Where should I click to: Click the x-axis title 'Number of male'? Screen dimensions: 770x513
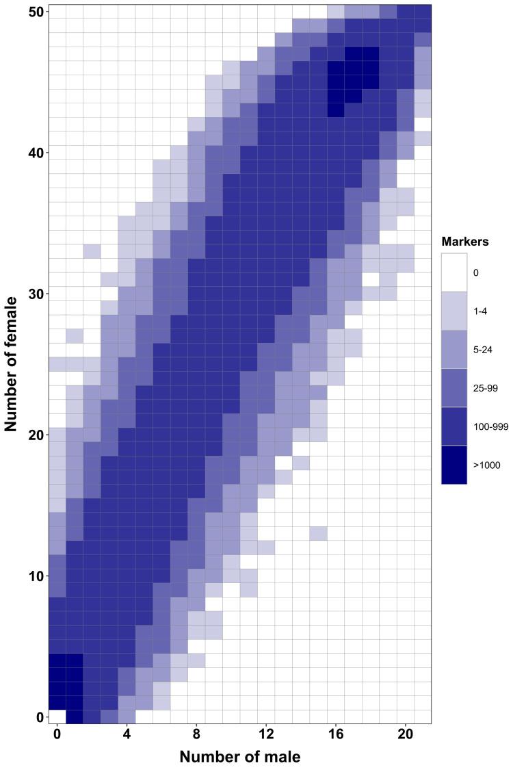click(x=240, y=757)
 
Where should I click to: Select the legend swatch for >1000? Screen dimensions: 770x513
click(x=454, y=465)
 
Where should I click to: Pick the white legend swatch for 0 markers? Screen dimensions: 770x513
click(x=454, y=272)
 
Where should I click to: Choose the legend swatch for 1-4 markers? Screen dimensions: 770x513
click(x=454, y=311)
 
